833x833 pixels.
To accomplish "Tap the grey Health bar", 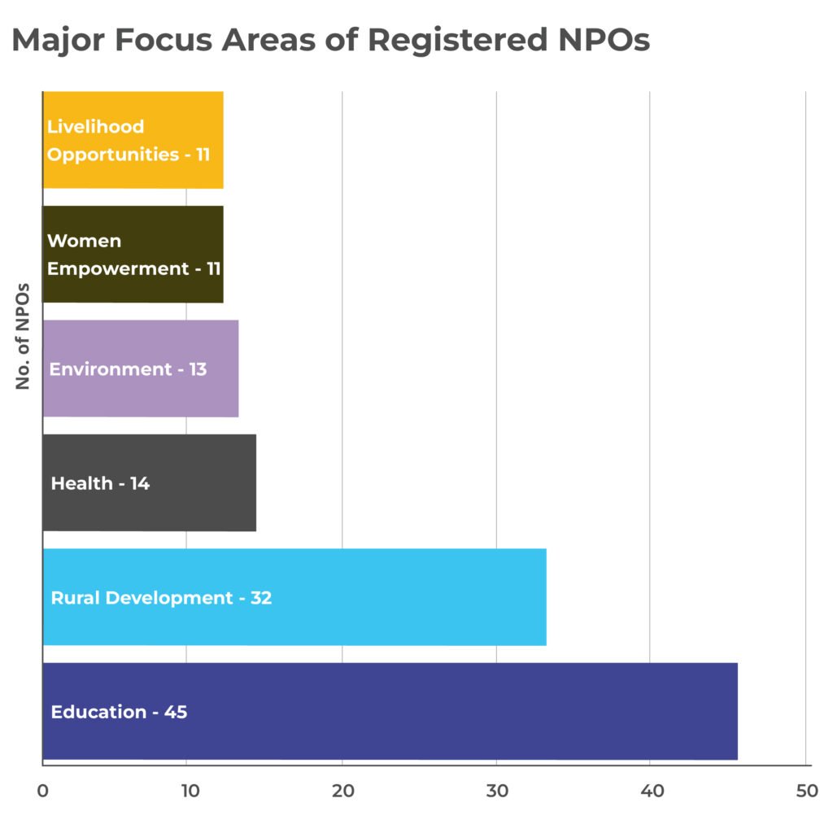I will click(203, 483).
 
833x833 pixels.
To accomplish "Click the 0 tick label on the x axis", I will click(42, 790).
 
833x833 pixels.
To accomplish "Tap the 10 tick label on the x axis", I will click(187, 790).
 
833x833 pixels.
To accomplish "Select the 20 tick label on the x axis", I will click(342, 790).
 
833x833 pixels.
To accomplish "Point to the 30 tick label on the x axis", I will click(496, 790).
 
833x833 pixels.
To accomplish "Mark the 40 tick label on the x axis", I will click(651, 790).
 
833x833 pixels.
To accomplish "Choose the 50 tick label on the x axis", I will click(805, 790).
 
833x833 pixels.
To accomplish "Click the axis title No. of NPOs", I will click(23, 335).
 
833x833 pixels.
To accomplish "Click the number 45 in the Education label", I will click(176, 712).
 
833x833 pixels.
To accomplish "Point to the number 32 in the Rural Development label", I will click(260, 598).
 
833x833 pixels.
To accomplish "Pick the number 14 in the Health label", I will click(139, 483).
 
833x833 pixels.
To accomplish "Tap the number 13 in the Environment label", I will click(196, 369).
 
